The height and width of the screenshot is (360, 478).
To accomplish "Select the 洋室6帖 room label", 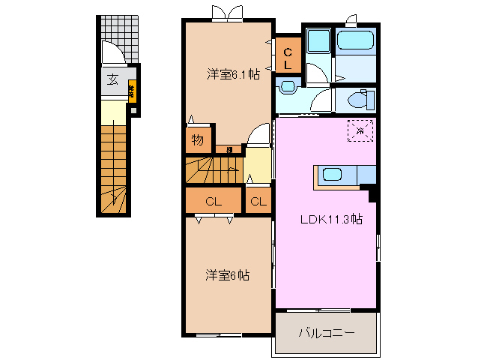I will tap(228, 275).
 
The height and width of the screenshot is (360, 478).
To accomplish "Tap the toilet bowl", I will tap(359, 99).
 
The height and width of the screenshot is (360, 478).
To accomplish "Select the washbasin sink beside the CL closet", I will tap(286, 88).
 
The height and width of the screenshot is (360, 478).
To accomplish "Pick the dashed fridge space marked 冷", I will tap(360, 131).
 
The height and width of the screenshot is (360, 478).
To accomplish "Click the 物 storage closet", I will tap(197, 140).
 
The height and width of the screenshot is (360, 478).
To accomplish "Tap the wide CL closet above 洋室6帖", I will tap(214, 201).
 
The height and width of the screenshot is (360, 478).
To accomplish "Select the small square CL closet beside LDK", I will tap(257, 201).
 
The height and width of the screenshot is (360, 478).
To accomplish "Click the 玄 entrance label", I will tap(112, 80).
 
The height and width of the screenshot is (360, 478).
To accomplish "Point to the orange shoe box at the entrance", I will tap(131, 92).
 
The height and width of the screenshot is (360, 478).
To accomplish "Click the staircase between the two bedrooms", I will tap(214, 170).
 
